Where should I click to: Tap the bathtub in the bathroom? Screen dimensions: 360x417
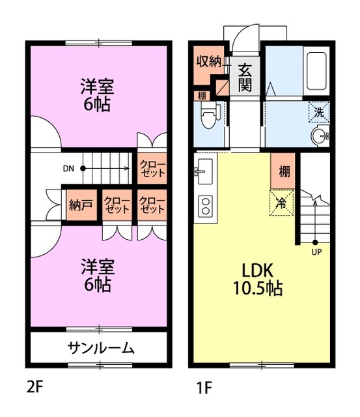[316, 71]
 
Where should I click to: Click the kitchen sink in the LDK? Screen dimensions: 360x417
[204, 171]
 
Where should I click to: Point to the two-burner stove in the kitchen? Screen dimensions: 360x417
[205, 206]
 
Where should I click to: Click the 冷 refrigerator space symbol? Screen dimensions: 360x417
[282, 203]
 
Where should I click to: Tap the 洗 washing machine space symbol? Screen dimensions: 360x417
[319, 112]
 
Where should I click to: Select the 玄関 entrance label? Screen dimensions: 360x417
[245, 78]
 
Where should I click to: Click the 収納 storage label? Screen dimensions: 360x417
[209, 62]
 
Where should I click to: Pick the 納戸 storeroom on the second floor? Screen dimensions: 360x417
[81, 205]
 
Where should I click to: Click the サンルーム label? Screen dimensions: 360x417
[101, 348]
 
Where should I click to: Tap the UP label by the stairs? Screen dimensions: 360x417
[316, 252]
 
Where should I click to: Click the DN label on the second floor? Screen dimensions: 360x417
[68, 168]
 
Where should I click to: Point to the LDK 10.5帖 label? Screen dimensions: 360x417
[258, 280]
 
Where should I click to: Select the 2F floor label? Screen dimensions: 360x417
[35, 387]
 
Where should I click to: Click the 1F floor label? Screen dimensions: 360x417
[204, 387]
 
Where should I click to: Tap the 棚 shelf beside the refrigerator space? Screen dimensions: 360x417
[283, 171]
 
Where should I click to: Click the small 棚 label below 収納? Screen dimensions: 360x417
[202, 96]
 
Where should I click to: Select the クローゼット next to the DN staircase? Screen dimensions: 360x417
[152, 168]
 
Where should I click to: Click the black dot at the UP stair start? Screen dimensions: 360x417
[315, 242]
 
